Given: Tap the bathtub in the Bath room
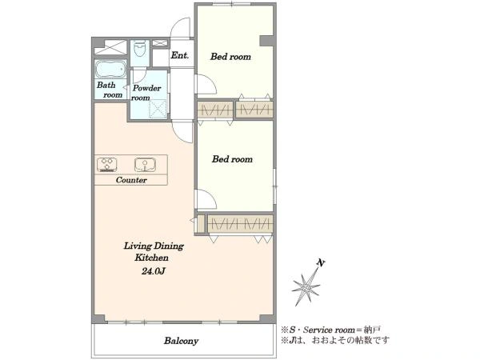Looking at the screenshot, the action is coord(110,69).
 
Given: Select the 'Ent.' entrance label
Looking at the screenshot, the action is coord(180,55).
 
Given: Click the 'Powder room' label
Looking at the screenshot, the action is coord(146,93).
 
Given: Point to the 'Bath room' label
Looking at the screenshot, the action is coord(110,90).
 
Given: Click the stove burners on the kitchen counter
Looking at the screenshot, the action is coord(107,165).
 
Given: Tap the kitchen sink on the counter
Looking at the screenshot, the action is coord(146,165).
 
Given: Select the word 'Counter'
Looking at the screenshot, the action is coord(131,180).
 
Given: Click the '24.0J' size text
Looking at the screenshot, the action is coord(154,271).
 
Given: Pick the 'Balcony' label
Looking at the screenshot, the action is coord(181,341).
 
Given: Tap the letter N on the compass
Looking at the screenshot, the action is coord(321,263).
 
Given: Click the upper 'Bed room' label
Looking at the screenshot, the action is coord(230,57).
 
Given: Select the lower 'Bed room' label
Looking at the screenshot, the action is coord(232,159).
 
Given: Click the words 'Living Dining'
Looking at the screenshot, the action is coord(154,246).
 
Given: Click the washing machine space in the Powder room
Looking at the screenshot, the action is coord(158,109).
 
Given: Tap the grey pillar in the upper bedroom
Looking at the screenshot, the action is coord(266,41).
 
